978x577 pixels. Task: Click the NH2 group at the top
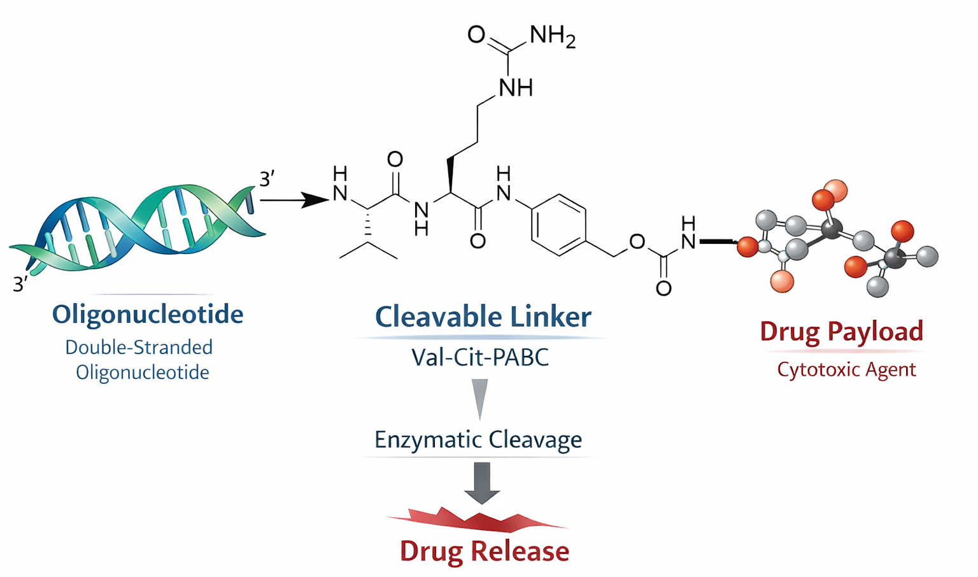(551, 36)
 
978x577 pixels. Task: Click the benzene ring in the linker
(558, 225)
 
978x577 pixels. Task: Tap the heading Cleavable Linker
(483, 317)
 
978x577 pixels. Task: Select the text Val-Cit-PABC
(480, 357)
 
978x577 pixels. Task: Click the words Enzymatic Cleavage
(478, 439)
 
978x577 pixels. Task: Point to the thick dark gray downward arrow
(482, 483)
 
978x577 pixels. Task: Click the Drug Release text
(484, 551)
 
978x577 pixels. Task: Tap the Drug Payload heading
(841, 331)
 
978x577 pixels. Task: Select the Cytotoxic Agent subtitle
(846, 369)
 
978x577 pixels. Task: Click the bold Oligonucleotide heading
(147, 314)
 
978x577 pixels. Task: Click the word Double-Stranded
(139, 347)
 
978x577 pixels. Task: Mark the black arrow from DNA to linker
(293, 200)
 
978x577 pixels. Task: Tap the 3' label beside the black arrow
(267, 179)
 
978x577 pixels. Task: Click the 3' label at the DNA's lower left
(20, 284)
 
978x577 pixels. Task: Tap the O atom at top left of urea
(476, 34)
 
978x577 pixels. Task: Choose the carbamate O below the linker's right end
(663, 288)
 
